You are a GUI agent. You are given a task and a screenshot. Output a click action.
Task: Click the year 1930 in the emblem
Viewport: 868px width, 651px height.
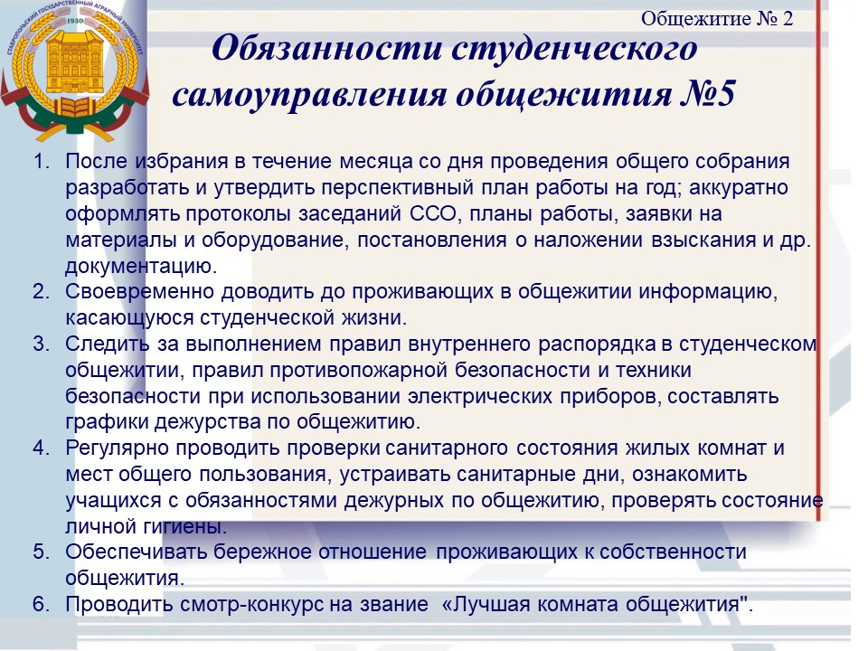pyautogui.click(x=75, y=21)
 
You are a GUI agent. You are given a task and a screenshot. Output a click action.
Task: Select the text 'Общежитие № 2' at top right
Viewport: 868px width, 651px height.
pyautogui.click(x=716, y=19)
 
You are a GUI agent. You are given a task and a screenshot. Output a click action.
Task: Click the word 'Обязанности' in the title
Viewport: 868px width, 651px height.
pyautogui.click(x=327, y=48)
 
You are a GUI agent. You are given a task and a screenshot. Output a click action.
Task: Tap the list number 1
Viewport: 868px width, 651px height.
pyautogui.click(x=42, y=161)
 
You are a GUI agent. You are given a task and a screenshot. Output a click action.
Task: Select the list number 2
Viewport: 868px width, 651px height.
pyautogui.click(x=42, y=291)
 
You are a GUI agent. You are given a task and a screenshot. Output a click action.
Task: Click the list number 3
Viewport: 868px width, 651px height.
pyautogui.click(x=42, y=344)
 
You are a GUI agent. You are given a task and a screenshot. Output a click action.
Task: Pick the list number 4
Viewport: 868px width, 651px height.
pyautogui.click(x=42, y=448)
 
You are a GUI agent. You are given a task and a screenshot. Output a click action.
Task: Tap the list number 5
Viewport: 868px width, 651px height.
pyautogui.click(x=42, y=552)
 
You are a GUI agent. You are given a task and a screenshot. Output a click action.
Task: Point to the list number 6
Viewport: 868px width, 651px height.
pyautogui.click(x=42, y=603)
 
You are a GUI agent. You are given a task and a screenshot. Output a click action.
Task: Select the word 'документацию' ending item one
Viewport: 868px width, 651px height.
pyautogui.click(x=141, y=266)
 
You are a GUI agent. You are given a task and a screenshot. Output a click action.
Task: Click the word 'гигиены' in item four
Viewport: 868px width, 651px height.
pyautogui.click(x=184, y=526)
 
